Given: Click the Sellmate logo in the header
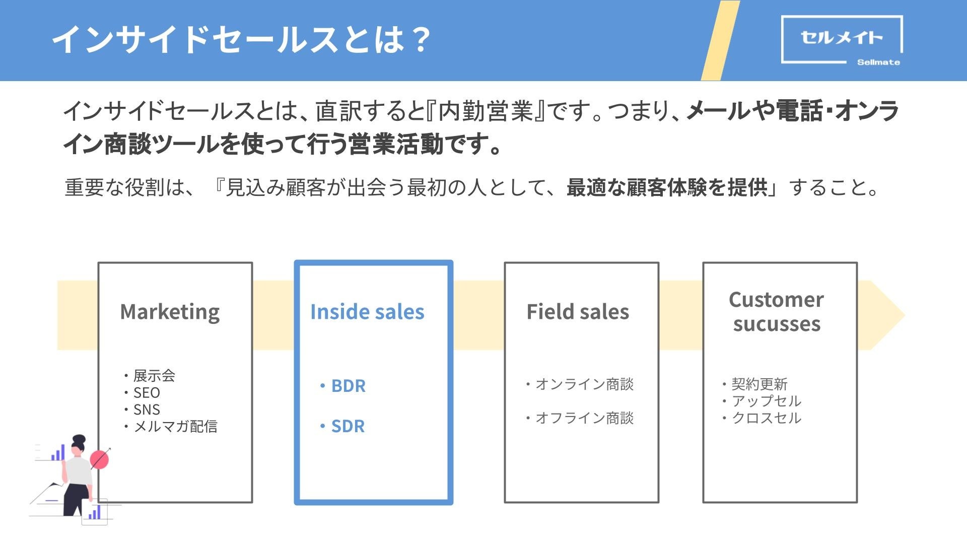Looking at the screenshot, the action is (842, 40).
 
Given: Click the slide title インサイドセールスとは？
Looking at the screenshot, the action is (241, 40).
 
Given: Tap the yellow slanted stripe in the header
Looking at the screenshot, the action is (720, 40).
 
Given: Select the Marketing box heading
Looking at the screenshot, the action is (170, 312).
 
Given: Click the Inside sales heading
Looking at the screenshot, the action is (367, 312).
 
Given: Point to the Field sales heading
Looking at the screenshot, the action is (578, 312).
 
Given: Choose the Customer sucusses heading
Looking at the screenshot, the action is (776, 312).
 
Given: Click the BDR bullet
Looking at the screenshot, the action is (348, 386).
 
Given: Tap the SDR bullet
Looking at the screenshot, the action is (348, 426).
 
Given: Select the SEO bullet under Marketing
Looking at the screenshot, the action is (146, 393).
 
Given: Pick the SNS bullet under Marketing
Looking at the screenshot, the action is (146, 410).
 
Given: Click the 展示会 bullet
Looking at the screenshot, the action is (154, 376).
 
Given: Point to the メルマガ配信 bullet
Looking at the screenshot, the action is (175, 427).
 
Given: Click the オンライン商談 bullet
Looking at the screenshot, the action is (584, 384).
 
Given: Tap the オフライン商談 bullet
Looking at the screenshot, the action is (584, 418).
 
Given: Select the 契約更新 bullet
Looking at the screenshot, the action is (759, 384).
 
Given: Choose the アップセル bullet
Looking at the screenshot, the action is (766, 401).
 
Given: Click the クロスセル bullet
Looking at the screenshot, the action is (766, 418).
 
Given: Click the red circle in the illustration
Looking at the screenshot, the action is (100, 459).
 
